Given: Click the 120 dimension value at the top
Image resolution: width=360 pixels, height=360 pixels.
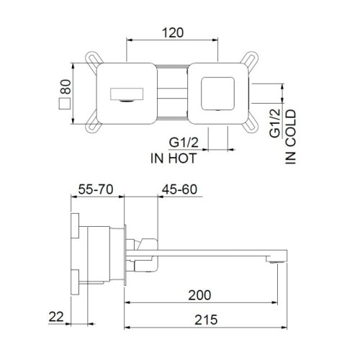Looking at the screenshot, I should click(172, 32).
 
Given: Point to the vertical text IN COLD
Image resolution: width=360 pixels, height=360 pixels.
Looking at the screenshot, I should click(292, 138).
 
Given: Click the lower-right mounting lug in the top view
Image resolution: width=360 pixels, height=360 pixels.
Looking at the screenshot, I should click(251, 127).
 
